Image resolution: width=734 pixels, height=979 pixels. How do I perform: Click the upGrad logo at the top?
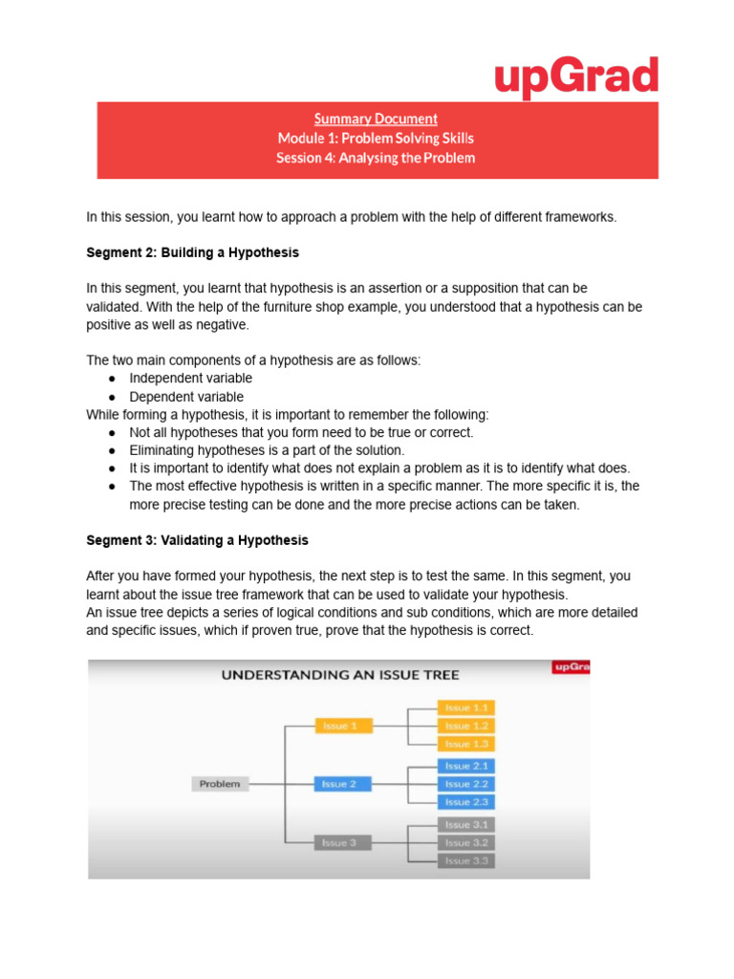click(x=576, y=77)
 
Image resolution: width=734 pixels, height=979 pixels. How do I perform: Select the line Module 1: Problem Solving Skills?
click(x=376, y=139)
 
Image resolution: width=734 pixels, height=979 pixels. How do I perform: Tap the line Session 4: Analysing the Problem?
click(x=376, y=158)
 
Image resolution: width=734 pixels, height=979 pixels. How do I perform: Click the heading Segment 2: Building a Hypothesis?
click(x=192, y=252)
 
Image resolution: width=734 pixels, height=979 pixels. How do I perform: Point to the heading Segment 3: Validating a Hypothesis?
click(x=197, y=540)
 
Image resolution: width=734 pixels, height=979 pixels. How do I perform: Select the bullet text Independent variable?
click(x=191, y=378)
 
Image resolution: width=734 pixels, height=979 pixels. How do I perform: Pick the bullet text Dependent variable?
click(x=186, y=397)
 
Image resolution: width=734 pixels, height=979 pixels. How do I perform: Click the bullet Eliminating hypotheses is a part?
click(x=267, y=449)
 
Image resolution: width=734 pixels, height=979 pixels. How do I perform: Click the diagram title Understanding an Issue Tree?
click(x=340, y=674)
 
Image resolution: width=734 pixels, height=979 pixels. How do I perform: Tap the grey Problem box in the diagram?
click(x=220, y=784)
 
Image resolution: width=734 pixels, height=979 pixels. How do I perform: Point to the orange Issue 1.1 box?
click(x=466, y=707)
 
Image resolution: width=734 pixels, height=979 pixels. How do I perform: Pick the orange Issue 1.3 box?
click(x=466, y=744)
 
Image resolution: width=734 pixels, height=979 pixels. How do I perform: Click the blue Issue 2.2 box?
click(x=466, y=784)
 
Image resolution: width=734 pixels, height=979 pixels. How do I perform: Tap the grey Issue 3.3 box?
click(x=466, y=860)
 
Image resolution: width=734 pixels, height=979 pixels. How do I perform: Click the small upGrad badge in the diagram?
click(x=571, y=667)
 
